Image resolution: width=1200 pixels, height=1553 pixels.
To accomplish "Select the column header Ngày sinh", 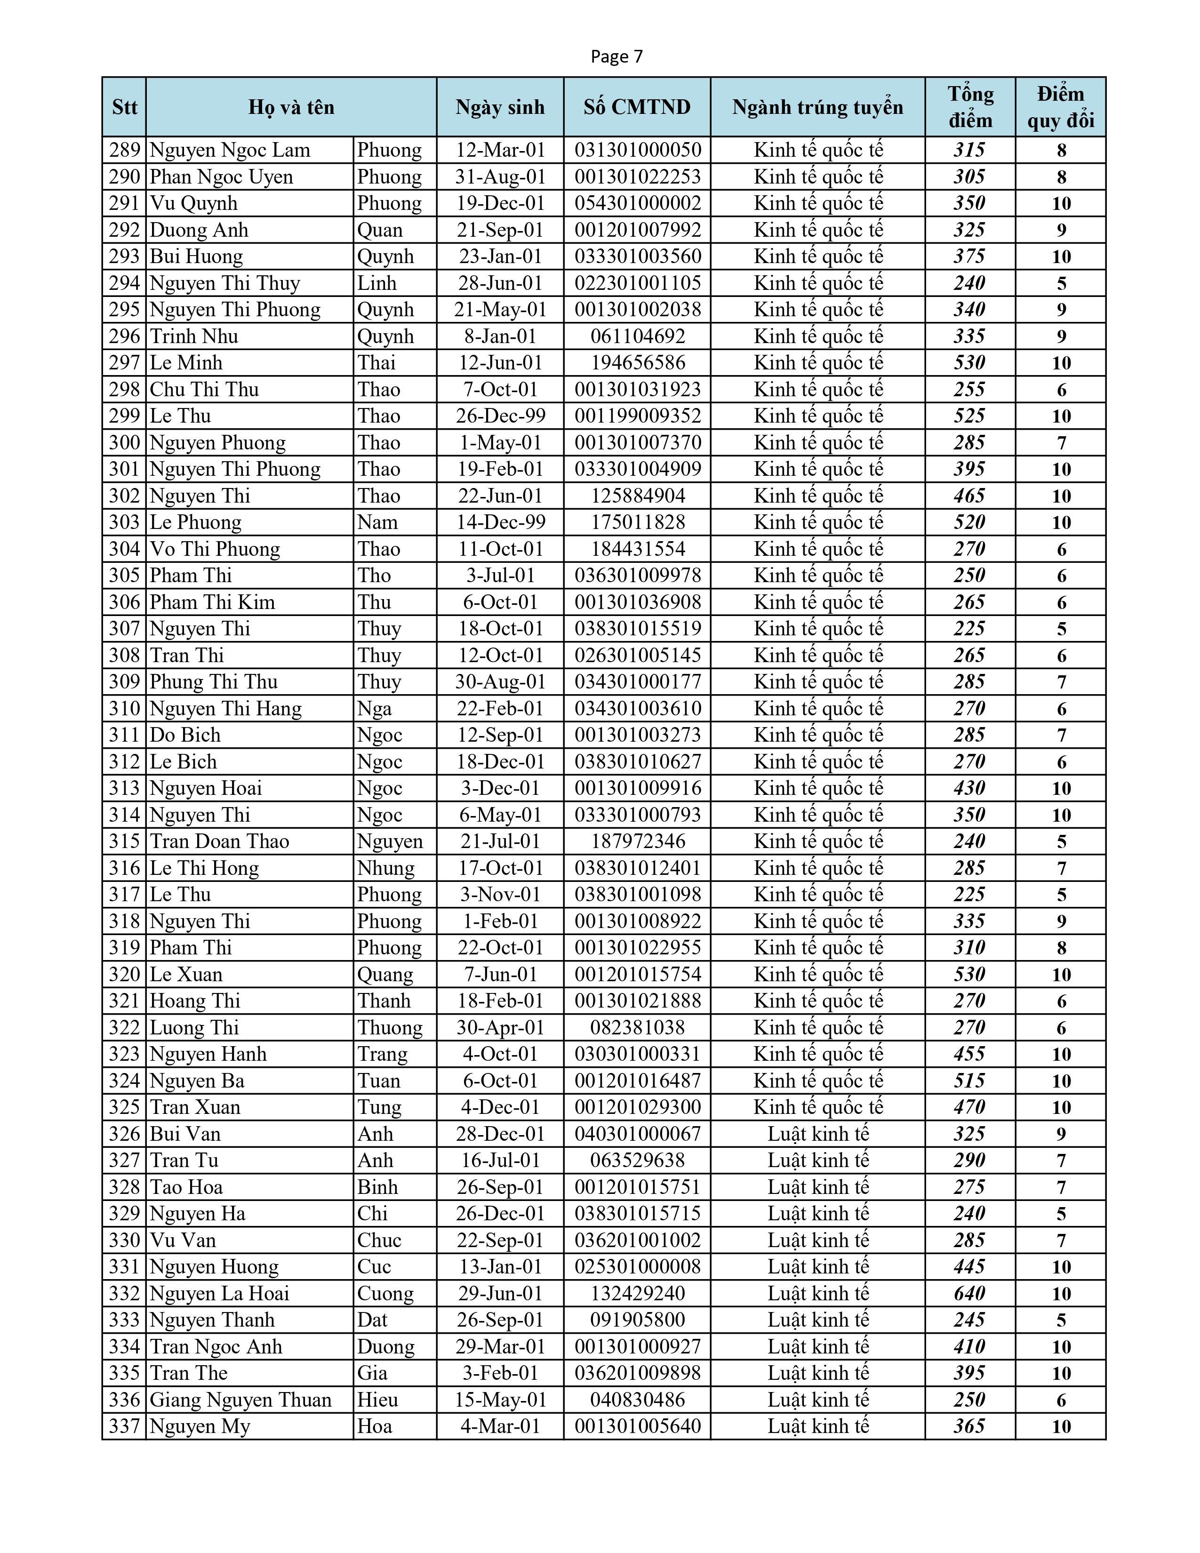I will point(500,107).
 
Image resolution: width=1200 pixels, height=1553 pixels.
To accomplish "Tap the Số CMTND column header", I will point(637,107).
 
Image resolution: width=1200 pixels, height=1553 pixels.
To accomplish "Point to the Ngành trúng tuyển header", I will point(817,107).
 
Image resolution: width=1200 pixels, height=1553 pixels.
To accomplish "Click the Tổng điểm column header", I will point(970,107).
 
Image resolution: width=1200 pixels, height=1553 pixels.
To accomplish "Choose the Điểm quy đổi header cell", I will point(1061,107).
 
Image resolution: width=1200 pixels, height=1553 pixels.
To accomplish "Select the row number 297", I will point(124,363).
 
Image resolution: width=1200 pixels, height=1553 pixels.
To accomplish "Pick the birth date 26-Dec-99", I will point(500,416).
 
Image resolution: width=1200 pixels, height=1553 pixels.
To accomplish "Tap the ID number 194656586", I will point(638,363).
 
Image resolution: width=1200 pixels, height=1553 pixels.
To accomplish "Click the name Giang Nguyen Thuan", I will point(240,1400).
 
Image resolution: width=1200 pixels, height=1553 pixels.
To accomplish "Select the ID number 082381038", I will point(638,1027).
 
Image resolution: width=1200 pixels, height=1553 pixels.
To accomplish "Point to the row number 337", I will point(124,1426).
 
